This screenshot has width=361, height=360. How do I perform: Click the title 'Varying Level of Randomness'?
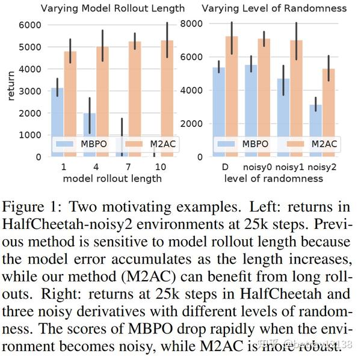tap(274, 8)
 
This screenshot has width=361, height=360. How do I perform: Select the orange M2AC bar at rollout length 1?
tap(70, 108)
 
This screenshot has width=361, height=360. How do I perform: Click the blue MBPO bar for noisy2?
tap(315, 132)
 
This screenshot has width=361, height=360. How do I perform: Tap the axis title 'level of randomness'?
tap(274, 178)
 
